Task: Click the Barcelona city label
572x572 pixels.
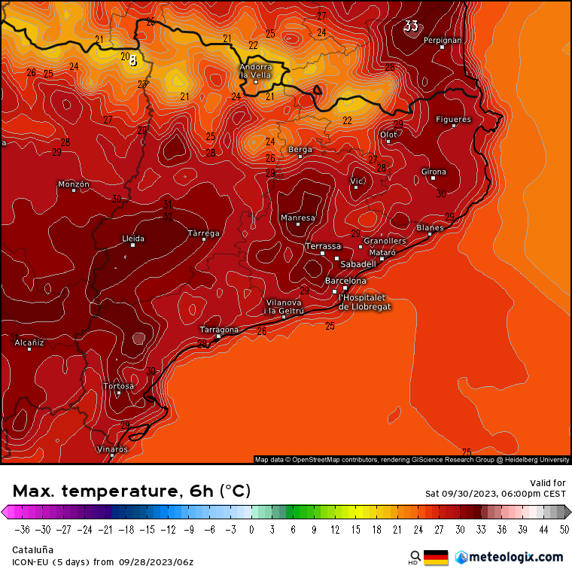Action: (x=345, y=281)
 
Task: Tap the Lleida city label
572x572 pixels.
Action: (x=133, y=238)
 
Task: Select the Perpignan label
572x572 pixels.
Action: (x=443, y=40)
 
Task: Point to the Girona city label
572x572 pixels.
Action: (x=434, y=172)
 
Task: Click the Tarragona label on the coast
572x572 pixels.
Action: (x=219, y=330)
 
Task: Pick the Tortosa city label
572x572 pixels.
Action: (x=119, y=386)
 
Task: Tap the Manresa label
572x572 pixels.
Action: (x=297, y=218)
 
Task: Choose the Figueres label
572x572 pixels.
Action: (x=453, y=119)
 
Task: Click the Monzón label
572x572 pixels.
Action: (x=74, y=184)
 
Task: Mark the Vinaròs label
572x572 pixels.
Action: (x=112, y=449)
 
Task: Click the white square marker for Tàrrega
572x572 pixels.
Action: (x=204, y=239)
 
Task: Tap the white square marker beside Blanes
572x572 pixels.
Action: (x=430, y=234)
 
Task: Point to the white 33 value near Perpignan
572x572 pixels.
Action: (x=411, y=26)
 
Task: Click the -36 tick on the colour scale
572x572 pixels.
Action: (x=22, y=529)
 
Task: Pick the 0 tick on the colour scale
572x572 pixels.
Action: (x=251, y=529)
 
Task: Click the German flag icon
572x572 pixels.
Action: (x=436, y=558)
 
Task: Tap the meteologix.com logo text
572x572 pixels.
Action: (x=516, y=557)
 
